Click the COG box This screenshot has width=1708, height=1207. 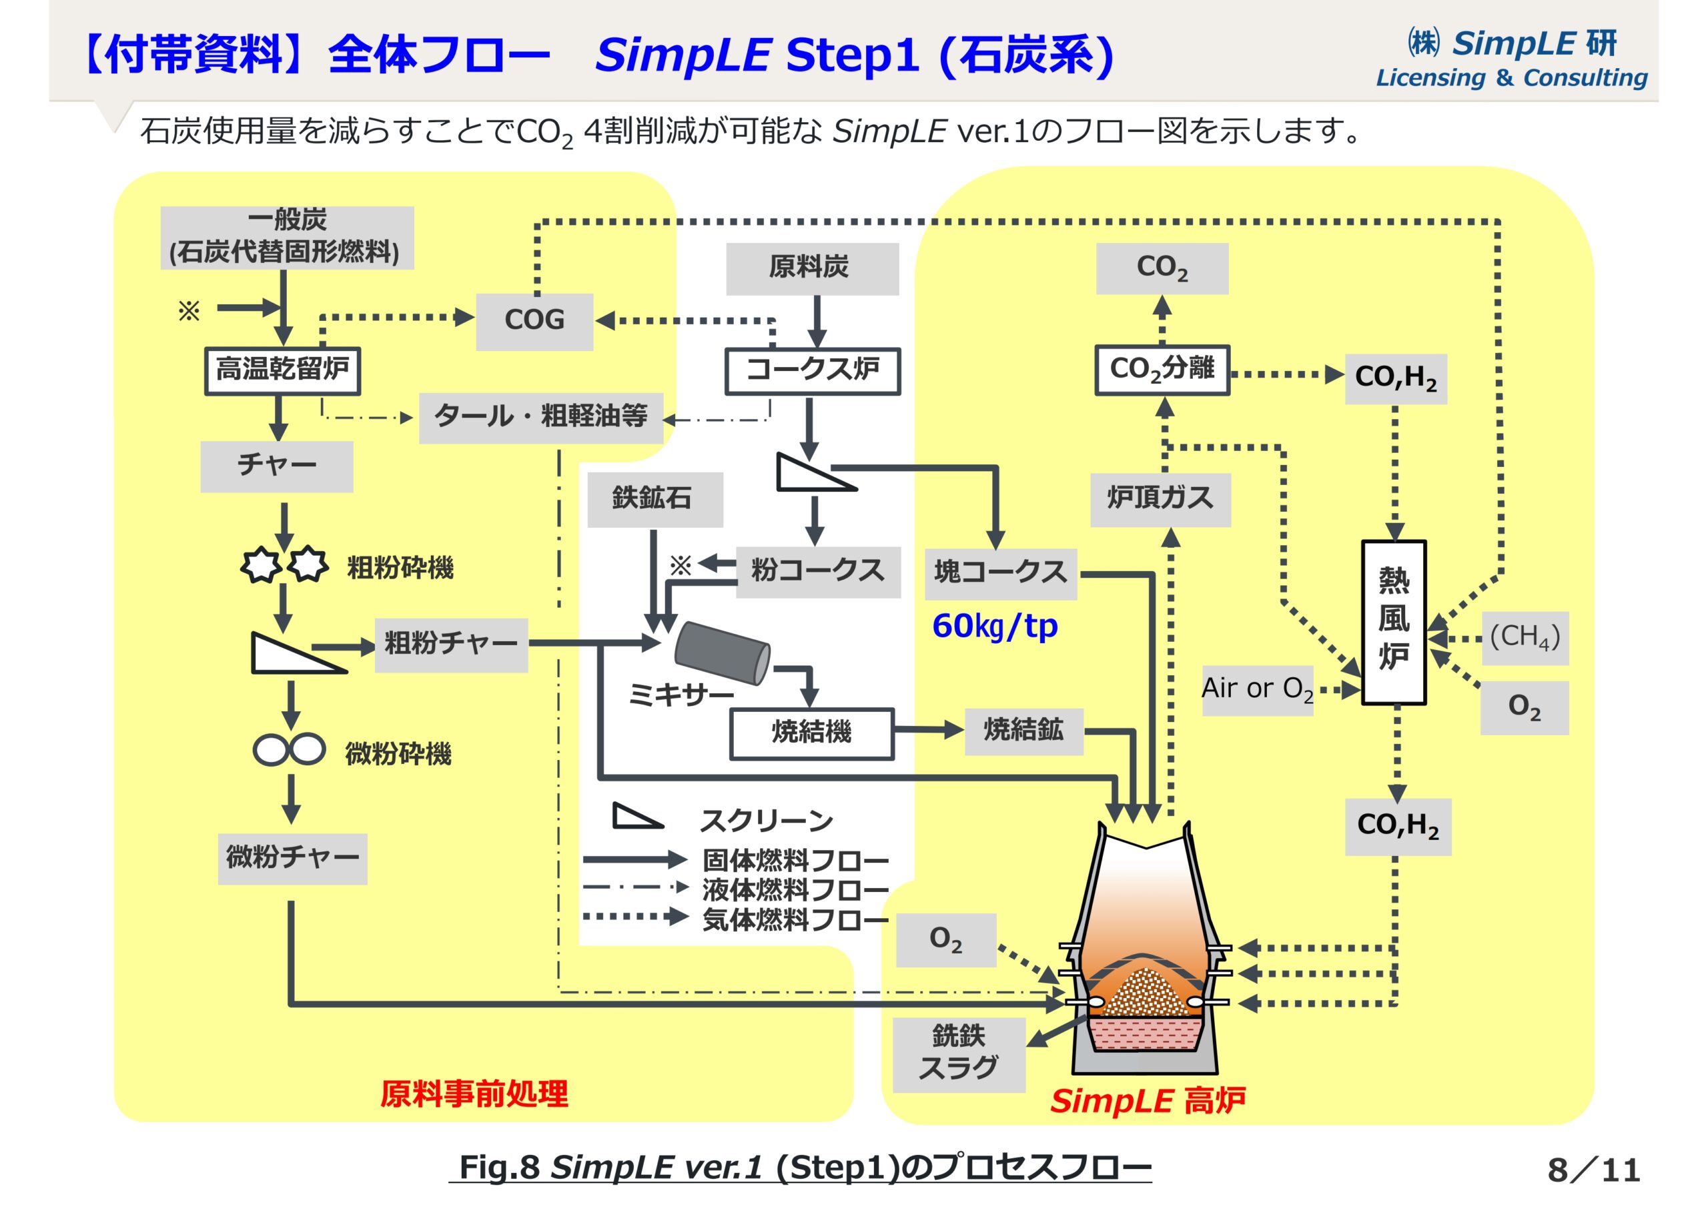(534, 322)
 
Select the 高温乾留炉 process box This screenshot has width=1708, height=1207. (283, 370)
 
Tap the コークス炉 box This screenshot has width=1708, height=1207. (813, 370)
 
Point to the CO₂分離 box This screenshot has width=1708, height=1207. (1162, 369)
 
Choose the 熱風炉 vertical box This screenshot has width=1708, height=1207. (1393, 621)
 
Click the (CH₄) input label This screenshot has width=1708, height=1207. (1525, 638)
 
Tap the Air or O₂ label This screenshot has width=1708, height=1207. (1257, 690)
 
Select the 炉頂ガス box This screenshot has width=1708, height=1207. (1160, 499)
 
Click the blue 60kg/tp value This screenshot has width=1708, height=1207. (994, 627)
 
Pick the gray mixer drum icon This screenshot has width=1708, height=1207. (722, 653)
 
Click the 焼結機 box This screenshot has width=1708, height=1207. (811, 733)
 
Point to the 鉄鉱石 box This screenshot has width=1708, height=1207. (654, 499)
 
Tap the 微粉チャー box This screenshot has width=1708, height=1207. (292, 859)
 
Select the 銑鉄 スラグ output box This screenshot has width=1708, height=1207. (958, 1054)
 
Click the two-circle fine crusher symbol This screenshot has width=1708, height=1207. (290, 750)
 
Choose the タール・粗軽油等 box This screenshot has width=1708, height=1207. (541, 418)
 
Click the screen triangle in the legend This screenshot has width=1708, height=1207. (636, 817)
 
